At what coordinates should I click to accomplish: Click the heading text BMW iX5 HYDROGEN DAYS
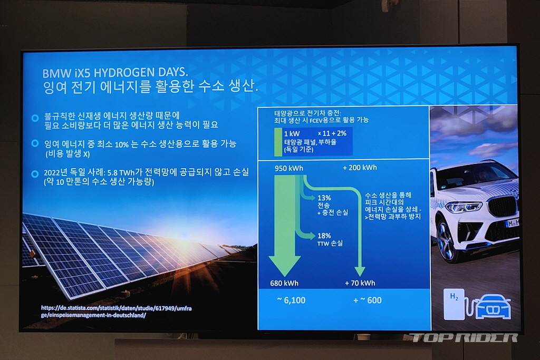coord(115,73)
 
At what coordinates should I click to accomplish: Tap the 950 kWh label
coord(289,168)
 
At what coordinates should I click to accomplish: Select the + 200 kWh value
coord(360,168)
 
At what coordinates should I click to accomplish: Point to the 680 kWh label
coord(284,283)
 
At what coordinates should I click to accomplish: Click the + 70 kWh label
coord(360,283)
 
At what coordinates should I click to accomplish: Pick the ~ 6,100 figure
coord(291,300)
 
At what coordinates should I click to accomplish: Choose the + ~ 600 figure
coord(368,300)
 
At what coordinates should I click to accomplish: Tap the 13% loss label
coord(324,198)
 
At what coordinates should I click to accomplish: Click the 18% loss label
coord(324,236)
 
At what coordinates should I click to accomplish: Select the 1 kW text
coord(292,133)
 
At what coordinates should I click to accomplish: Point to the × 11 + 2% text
coord(332,133)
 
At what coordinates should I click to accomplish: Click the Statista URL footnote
coord(117,312)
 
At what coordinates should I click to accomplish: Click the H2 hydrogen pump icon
coord(454,304)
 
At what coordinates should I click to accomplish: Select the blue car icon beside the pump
coord(493,307)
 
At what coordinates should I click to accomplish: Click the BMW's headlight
coord(464,207)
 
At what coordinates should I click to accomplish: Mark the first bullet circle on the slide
coord(35,118)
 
